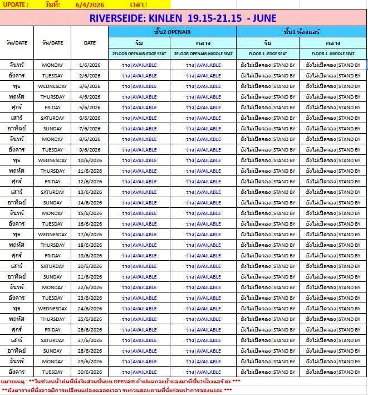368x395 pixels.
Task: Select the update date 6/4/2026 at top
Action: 90,4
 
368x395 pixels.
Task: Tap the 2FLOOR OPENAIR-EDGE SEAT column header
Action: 139,53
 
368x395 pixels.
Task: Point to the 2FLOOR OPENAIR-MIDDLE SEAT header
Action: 204,53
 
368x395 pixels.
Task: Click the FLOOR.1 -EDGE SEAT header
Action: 268,53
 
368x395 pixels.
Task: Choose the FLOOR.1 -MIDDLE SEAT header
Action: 333,53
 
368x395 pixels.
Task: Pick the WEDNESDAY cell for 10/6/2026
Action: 53,160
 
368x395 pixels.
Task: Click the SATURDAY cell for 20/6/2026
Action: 53,266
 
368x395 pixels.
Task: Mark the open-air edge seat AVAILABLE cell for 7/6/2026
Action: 139,129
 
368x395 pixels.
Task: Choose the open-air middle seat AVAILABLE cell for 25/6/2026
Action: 204,319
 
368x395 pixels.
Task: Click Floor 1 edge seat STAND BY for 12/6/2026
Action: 268,182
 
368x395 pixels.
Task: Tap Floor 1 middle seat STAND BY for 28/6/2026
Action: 333,351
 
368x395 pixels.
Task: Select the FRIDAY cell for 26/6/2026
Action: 53,330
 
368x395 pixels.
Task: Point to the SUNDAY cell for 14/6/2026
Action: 53,203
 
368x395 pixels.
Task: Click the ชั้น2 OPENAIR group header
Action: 172,31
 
